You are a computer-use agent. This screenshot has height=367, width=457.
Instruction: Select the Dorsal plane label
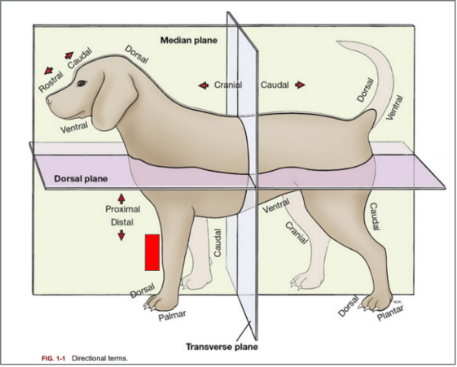click(x=81, y=177)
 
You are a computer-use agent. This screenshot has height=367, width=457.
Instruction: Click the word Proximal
click(x=123, y=209)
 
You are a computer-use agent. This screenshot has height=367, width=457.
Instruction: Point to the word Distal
click(x=122, y=221)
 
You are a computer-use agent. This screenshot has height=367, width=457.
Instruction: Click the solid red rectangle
click(x=152, y=251)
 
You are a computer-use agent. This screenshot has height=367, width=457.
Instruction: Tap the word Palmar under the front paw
click(x=172, y=314)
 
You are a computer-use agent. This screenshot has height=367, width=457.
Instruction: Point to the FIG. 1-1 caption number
click(x=54, y=358)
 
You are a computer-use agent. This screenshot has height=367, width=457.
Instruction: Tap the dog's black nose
click(x=49, y=102)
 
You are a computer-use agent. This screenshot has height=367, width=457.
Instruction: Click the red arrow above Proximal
click(x=122, y=198)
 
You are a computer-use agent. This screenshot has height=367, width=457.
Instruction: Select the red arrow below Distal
click(x=122, y=234)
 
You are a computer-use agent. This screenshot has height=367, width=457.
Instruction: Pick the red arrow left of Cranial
click(x=202, y=85)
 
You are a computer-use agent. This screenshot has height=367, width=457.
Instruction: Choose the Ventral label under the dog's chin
click(x=74, y=127)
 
